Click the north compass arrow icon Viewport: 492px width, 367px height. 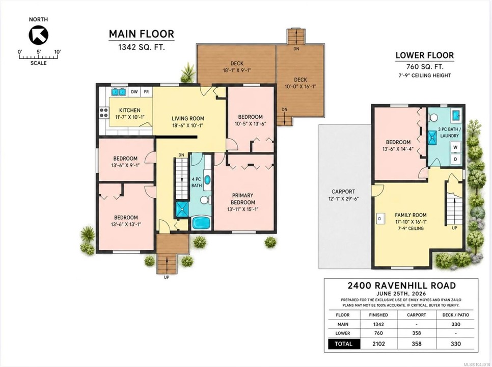[38, 35]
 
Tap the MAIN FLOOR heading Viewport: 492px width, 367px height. [142, 34]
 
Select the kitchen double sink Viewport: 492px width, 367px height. [119, 92]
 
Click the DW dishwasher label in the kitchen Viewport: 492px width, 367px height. [134, 92]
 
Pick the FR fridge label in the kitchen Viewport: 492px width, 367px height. [146, 92]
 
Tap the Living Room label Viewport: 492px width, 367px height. [188, 118]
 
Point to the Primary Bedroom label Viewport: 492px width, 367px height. [243, 199]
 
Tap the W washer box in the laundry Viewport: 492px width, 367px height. [456, 147]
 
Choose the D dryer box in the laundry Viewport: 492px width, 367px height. [456, 159]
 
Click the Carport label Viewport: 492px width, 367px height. [343, 192]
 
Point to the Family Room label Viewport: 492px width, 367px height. [411, 215]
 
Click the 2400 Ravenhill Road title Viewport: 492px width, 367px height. [402, 285]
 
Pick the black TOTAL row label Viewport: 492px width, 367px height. [344, 344]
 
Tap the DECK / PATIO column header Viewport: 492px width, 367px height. [456, 315]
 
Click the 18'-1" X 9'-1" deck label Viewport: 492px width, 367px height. [237, 70]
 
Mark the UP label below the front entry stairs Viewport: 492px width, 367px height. [167, 277]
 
